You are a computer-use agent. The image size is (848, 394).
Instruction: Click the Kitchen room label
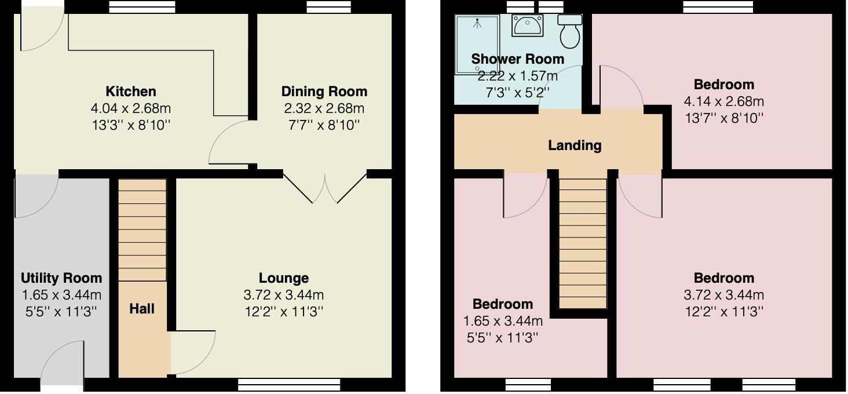(x=130, y=92)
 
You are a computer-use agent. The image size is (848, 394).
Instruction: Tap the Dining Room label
(x=324, y=92)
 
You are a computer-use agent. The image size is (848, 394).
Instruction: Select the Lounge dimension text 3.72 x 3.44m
(x=283, y=295)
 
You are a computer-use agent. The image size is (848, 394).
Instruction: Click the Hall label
(x=142, y=309)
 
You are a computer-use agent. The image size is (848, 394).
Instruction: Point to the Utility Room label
(x=61, y=278)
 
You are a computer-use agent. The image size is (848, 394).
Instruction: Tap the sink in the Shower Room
(x=527, y=26)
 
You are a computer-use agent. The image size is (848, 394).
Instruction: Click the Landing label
(x=575, y=145)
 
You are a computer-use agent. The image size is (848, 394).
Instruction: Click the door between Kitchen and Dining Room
(x=231, y=142)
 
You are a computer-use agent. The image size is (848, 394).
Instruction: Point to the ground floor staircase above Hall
(x=142, y=230)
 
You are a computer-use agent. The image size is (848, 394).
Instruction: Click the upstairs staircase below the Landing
(x=583, y=243)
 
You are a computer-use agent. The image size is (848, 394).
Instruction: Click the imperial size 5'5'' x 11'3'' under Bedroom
(x=503, y=337)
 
